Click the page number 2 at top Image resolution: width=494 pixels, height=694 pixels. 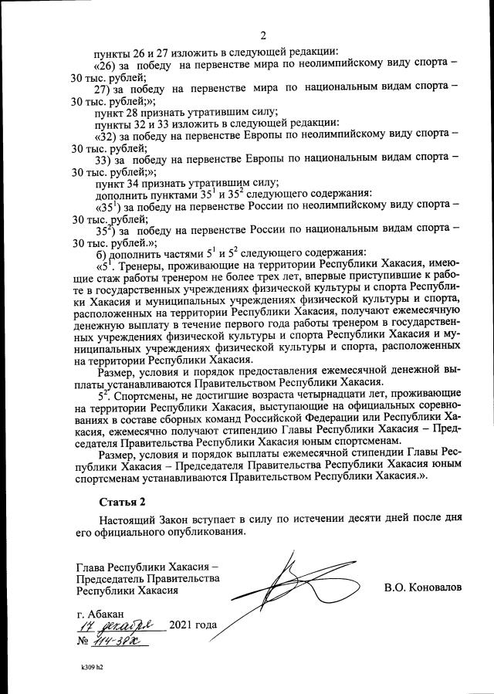263,35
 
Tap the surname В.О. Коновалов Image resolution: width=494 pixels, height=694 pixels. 423,587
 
